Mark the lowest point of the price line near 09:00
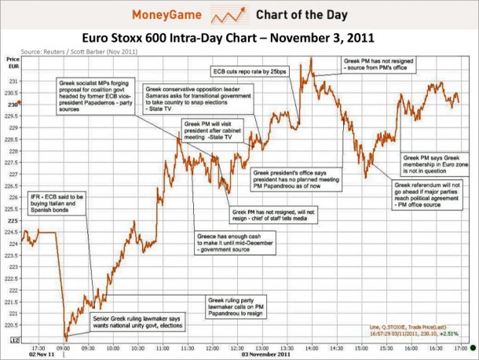pyautogui.click(x=64, y=338)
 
